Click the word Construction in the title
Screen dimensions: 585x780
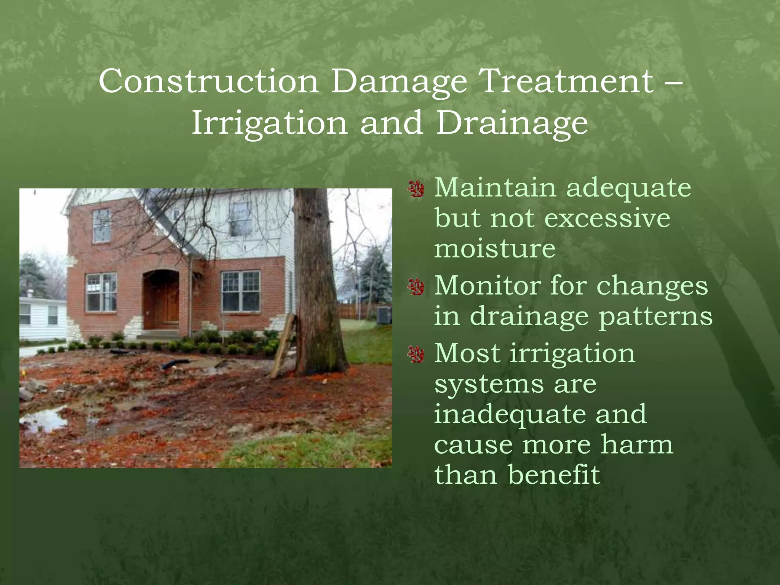(x=209, y=81)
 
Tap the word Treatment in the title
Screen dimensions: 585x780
(x=568, y=81)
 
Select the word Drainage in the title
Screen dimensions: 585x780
(x=511, y=123)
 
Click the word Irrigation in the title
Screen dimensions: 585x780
(x=269, y=123)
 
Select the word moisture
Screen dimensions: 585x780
(x=494, y=249)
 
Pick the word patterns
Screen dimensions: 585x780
(x=655, y=316)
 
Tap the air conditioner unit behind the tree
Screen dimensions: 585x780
(x=384, y=315)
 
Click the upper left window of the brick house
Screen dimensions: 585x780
(x=102, y=226)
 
